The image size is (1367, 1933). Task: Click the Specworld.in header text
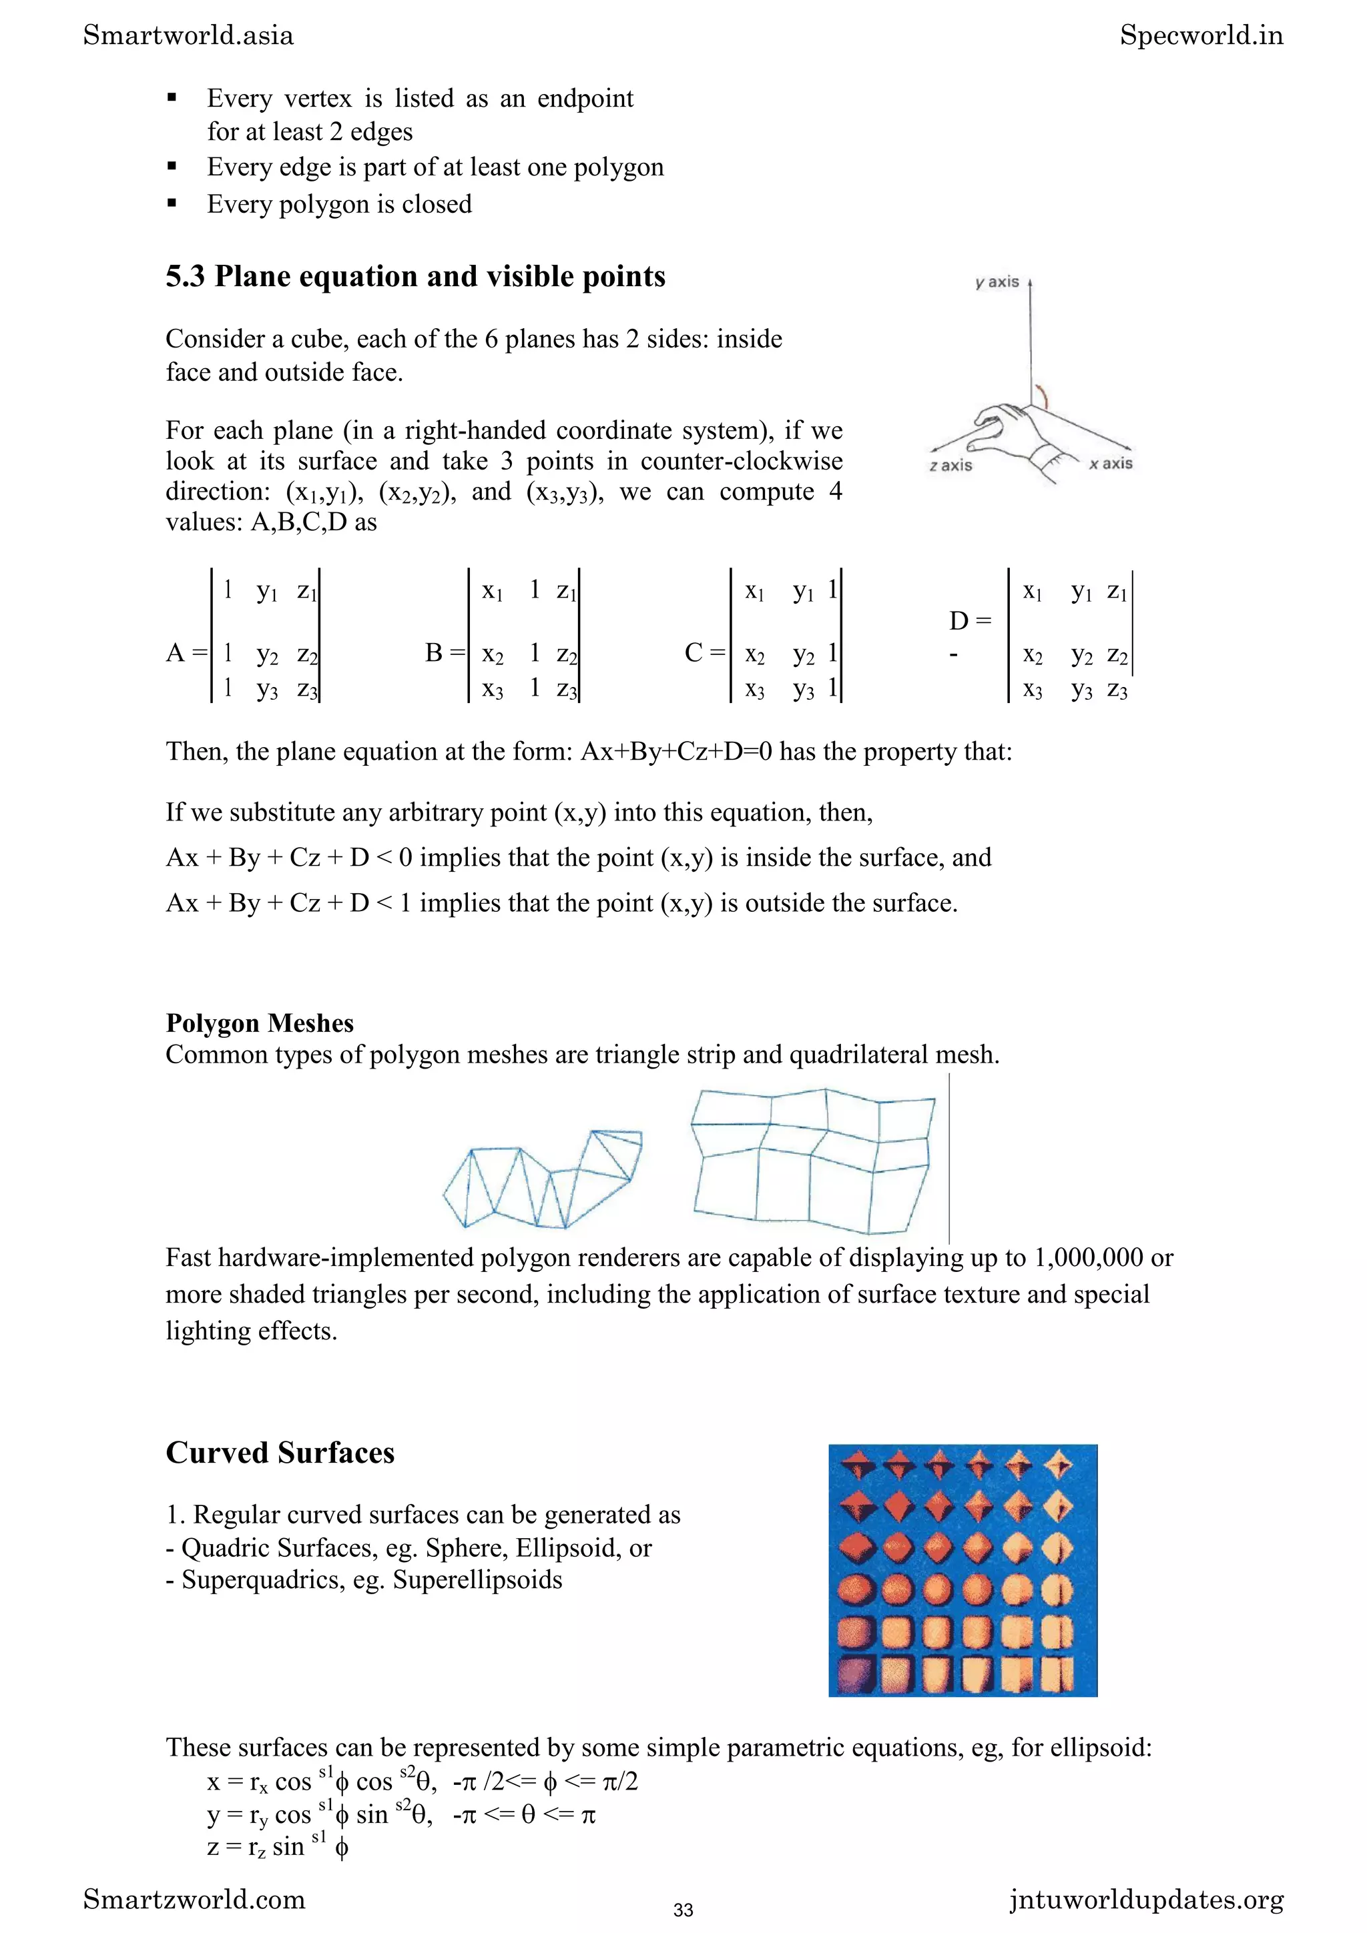[1201, 35]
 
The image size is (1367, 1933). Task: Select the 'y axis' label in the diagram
[997, 282]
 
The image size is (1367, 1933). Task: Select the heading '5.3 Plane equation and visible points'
[415, 276]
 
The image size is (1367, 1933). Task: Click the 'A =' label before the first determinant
[186, 652]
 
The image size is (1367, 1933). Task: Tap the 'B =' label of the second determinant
[445, 652]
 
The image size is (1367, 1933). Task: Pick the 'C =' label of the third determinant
[704, 652]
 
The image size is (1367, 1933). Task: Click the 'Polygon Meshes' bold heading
[260, 1023]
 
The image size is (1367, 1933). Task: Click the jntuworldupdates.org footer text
[1146, 1900]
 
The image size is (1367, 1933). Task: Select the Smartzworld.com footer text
[194, 1900]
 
